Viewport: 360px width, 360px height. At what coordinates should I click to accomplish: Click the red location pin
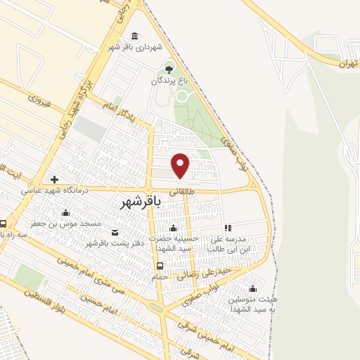(x=181, y=165)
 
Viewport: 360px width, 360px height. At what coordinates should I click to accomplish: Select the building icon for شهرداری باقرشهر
(x=134, y=37)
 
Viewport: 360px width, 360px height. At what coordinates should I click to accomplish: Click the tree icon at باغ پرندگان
(x=168, y=67)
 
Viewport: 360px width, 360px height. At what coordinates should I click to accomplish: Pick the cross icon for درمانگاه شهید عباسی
(x=54, y=179)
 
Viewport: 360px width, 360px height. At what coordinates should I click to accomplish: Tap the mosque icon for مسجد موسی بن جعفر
(x=65, y=212)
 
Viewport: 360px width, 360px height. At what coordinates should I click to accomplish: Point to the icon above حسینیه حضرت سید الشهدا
(x=173, y=228)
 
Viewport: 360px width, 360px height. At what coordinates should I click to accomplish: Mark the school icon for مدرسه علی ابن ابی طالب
(x=227, y=228)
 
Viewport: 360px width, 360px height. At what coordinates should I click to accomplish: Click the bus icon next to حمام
(x=160, y=266)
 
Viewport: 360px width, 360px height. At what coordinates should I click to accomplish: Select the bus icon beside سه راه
(x=4, y=224)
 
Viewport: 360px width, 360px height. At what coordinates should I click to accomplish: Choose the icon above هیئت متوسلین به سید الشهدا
(x=252, y=288)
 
